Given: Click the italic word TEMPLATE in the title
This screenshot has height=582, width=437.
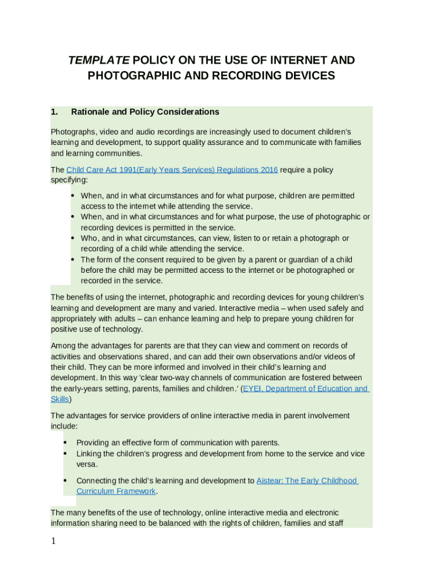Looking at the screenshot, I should coord(99,60).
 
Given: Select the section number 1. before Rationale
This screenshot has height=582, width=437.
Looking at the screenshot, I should coord(54,112).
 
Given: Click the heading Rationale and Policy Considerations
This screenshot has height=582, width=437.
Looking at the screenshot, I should coord(145,112).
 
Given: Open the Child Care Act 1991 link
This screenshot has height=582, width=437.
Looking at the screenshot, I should coord(172,170).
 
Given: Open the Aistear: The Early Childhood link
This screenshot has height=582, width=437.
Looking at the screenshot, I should coord(307,481).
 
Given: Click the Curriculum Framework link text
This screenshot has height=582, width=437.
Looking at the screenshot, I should coord(116,491).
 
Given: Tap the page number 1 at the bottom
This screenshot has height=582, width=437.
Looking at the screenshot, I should coord(53,541).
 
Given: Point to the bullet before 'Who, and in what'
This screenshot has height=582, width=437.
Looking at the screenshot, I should coord(73,238).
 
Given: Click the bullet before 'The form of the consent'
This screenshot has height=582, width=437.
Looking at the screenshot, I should coord(73,260).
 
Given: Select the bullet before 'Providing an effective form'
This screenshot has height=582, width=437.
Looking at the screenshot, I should coord(65,443).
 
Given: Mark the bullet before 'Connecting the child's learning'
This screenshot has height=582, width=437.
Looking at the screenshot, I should coord(65,481).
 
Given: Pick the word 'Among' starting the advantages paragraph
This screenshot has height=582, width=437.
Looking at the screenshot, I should coord(63,346).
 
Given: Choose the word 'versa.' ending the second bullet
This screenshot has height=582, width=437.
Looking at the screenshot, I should coord(87,464).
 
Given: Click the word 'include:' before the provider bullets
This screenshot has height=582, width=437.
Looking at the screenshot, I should coord(64,426).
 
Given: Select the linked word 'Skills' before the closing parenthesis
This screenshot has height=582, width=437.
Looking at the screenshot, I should coord(60,399).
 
